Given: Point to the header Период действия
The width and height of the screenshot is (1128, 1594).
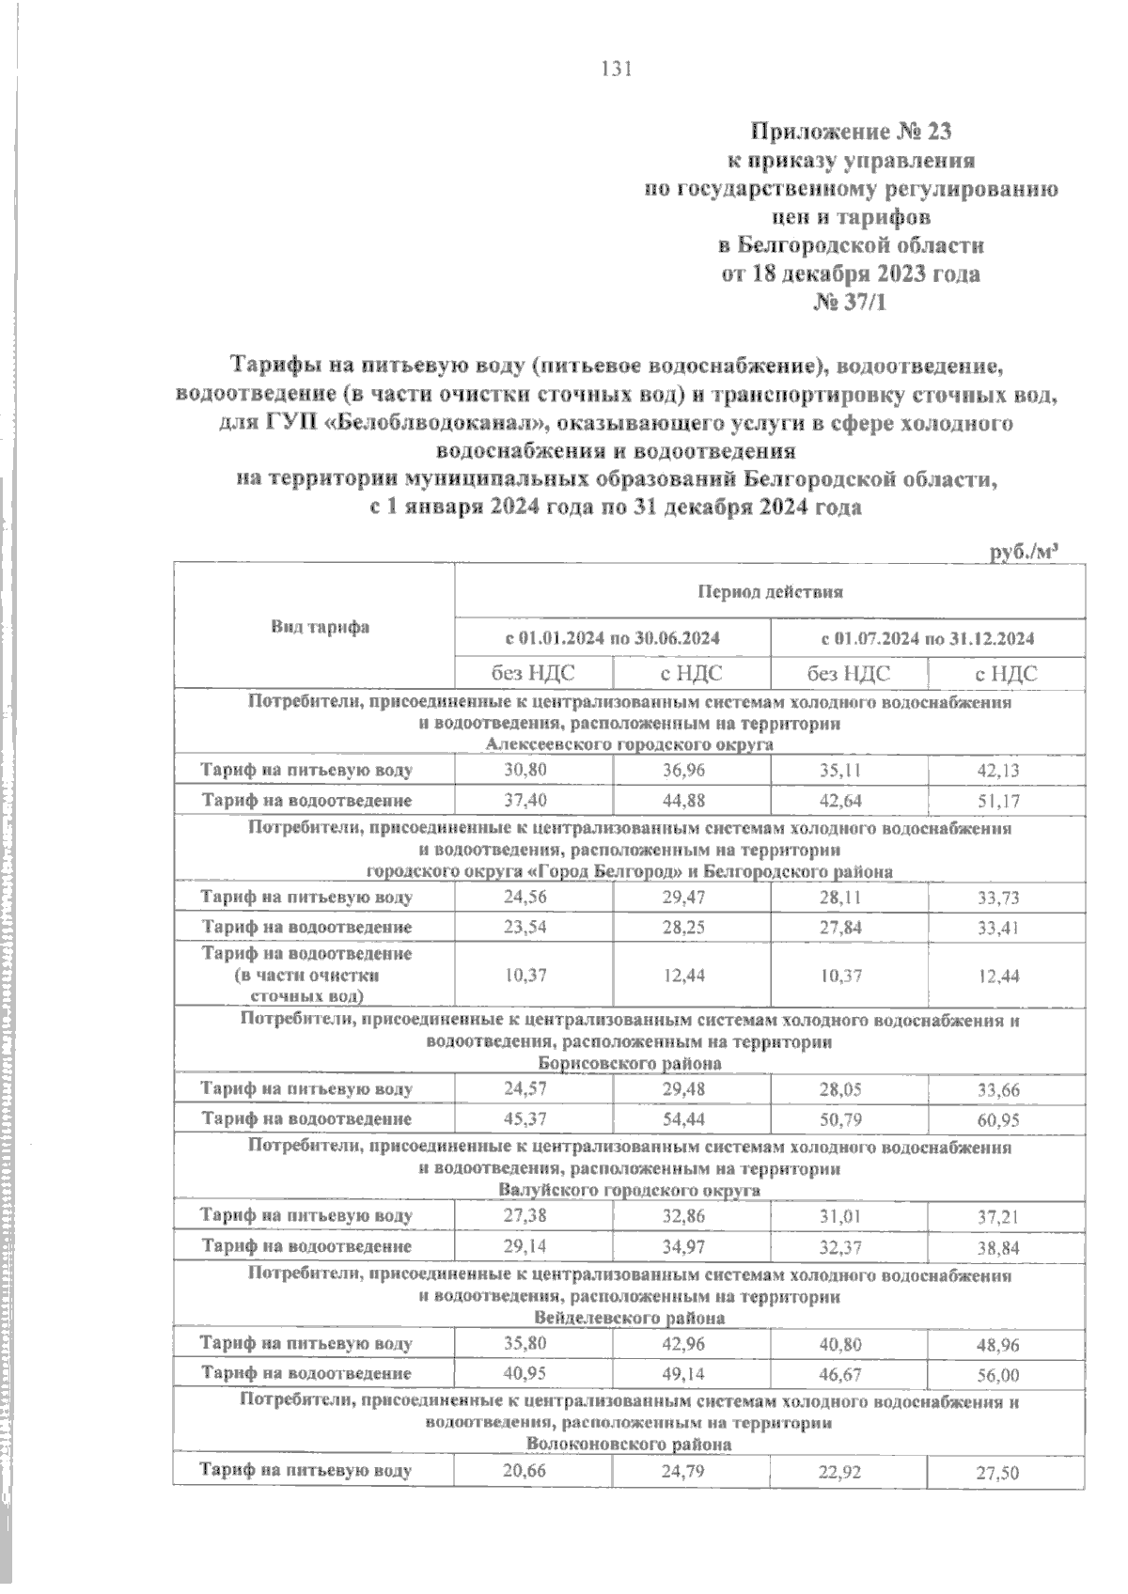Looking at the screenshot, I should click(x=770, y=592).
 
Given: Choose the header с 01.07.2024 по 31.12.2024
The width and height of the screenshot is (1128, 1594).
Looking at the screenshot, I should click(x=927, y=639).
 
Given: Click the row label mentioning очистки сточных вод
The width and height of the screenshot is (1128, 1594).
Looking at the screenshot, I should click(x=308, y=975).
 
